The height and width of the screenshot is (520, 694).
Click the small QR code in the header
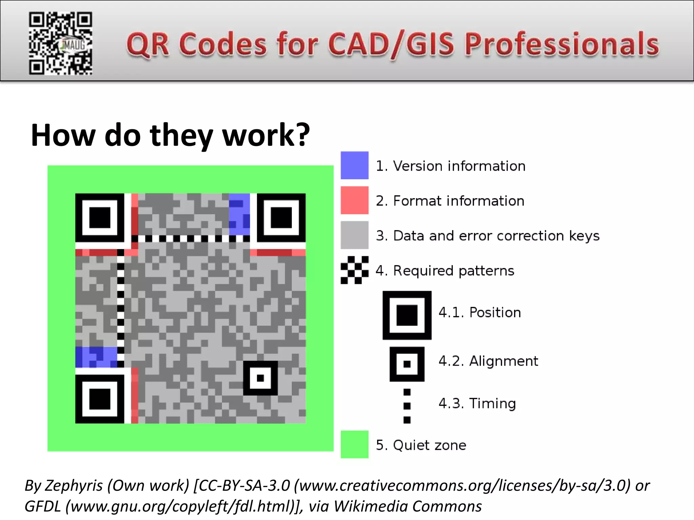pos(60,43)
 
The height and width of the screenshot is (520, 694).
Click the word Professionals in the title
pos(562,44)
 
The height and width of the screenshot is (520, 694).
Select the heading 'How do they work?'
pos(170,135)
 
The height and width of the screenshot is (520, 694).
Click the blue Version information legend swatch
pos(354,165)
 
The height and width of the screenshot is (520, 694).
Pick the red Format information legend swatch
pos(354,200)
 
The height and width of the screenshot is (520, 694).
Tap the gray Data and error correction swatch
pos(354,235)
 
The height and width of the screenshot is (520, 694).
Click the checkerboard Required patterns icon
pos(354,270)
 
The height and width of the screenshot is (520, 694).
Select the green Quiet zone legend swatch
pos(354,444)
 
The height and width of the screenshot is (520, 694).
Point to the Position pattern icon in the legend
pos(407,315)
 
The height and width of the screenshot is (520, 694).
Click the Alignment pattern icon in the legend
pos(407,364)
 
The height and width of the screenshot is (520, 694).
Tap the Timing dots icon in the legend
pos(407,406)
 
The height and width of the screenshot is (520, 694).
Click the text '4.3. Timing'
pos(477,404)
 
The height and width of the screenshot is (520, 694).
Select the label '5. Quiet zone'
pos(421,445)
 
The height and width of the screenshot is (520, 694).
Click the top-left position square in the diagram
pos(100,218)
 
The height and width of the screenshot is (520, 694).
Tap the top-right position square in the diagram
pos(281,218)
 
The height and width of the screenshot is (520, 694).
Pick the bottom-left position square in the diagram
pos(100,399)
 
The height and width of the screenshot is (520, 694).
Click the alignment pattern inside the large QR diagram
pos(260,378)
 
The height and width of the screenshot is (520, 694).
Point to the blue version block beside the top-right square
pos(240,214)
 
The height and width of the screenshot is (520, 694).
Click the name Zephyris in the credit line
pos(74,486)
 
